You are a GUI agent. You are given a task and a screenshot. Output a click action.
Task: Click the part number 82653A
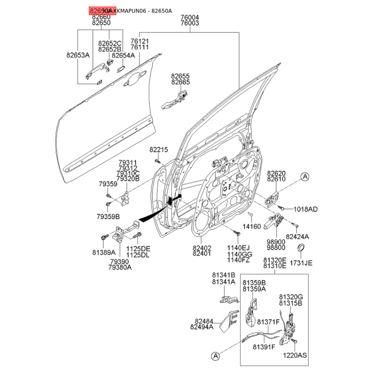click(78, 55)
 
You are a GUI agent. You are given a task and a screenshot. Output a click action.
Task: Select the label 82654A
click(123, 55)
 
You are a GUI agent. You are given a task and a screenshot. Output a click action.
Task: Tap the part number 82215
click(158, 150)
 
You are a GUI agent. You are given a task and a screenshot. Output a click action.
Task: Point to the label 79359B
click(108, 216)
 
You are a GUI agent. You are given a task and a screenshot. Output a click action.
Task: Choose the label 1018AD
click(306, 209)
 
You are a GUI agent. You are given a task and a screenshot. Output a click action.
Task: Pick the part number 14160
click(253, 226)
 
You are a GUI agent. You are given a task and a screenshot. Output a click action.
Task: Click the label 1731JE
click(301, 263)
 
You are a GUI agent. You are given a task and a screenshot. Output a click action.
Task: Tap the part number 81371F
click(268, 322)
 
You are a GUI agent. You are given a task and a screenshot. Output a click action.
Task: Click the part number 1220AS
click(295, 355)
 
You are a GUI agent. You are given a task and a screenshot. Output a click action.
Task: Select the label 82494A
click(201, 327)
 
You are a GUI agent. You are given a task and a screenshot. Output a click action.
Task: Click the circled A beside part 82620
click(305, 177)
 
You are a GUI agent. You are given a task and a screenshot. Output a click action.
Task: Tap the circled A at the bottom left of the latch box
click(215, 356)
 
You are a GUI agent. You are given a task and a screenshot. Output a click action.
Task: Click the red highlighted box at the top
click(99, 10)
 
